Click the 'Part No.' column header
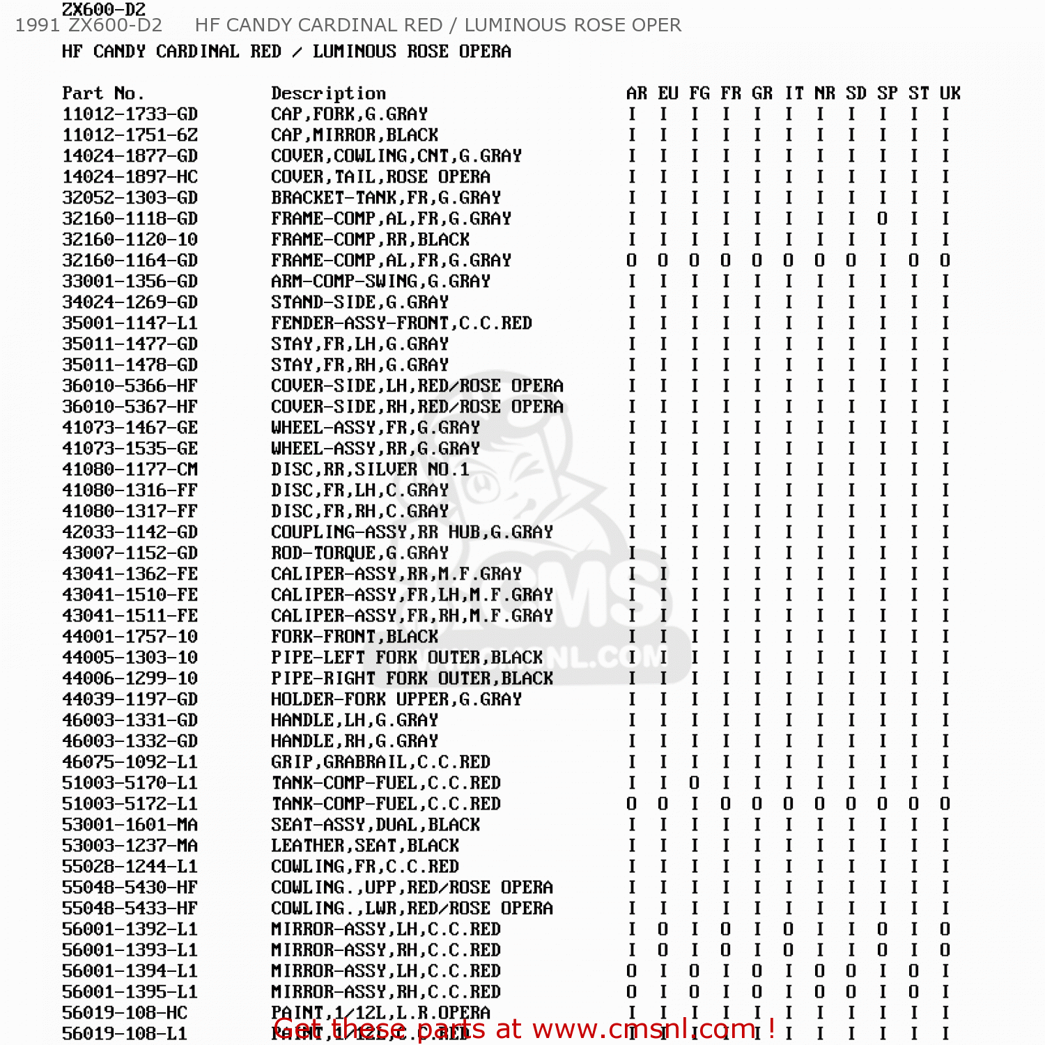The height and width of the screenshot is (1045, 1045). [x=103, y=93]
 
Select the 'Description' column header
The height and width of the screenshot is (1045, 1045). [x=328, y=93]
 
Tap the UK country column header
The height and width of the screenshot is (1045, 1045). [x=950, y=93]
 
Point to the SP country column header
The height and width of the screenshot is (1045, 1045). [x=887, y=93]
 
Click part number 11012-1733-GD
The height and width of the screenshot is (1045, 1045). [x=130, y=114]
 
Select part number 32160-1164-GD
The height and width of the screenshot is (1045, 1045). [x=130, y=261]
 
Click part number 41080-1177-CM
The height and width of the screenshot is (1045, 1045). [x=130, y=470]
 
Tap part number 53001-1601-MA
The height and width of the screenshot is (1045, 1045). [x=130, y=825]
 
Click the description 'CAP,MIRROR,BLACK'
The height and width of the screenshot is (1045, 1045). [x=355, y=135]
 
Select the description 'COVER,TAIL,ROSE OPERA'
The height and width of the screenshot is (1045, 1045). [x=380, y=177]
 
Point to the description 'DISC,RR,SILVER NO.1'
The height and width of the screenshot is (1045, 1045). [x=370, y=470]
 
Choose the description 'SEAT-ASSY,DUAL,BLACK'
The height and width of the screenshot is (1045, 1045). [x=376, y=825]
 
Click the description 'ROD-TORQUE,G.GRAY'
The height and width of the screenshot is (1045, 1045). [x=359, y=553]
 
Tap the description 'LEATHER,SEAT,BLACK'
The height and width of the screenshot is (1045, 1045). [x=365, y=846]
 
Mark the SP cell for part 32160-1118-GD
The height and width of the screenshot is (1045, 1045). [x=883, y=219]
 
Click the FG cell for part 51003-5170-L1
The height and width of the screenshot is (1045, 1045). [x=695, y=783]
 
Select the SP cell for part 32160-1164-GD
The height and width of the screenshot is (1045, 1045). [x=883, y=261]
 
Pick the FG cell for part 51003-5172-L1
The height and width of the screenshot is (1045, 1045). [x=695, y=804]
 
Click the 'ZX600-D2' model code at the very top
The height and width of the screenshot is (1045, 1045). [x=104, y=9]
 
